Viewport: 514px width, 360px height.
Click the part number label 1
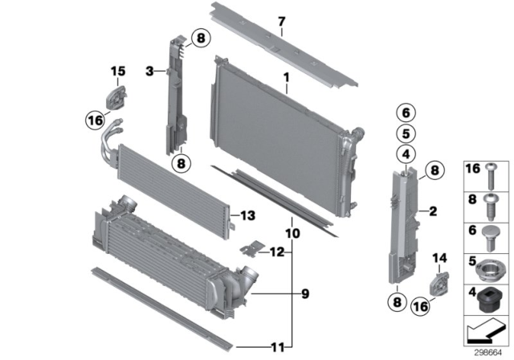pyautogui.click(x=284, y=77)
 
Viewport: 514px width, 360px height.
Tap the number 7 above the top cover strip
pyautogui.click(x=282, y=22)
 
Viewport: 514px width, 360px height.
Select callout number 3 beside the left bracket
pyautogui.click(x=149, y=72)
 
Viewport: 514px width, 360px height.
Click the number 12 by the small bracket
pyautogui.click(x=277, y=252)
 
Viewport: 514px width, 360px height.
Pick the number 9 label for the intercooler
pyautogui.click(x=304, y=295)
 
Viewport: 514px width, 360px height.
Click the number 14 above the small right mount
pyautogui.click(x=439, y=258)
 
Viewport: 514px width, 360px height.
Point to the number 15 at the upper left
pyautogui.click(x=118, y=72)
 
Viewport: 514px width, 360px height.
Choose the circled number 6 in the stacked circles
pyautogui.click(x=406, y=112)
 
